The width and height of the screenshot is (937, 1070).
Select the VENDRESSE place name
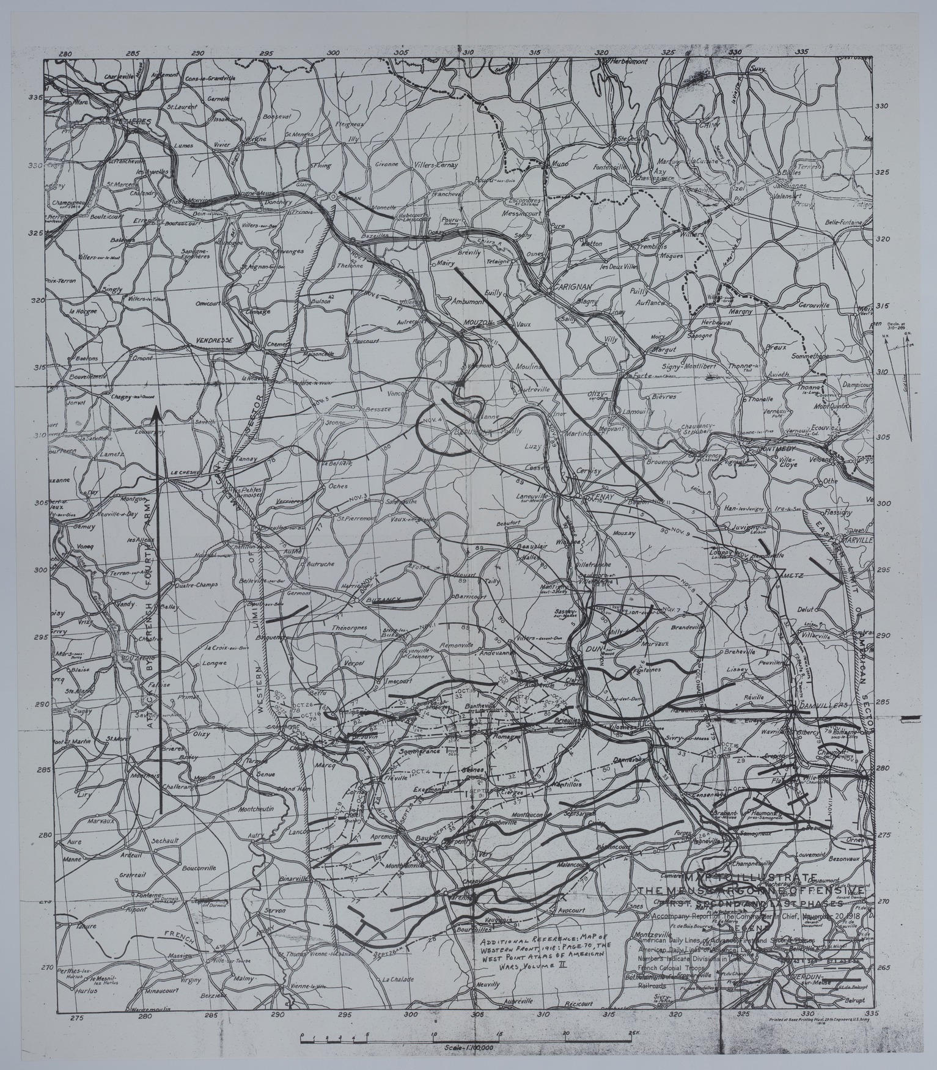(208, 338)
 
